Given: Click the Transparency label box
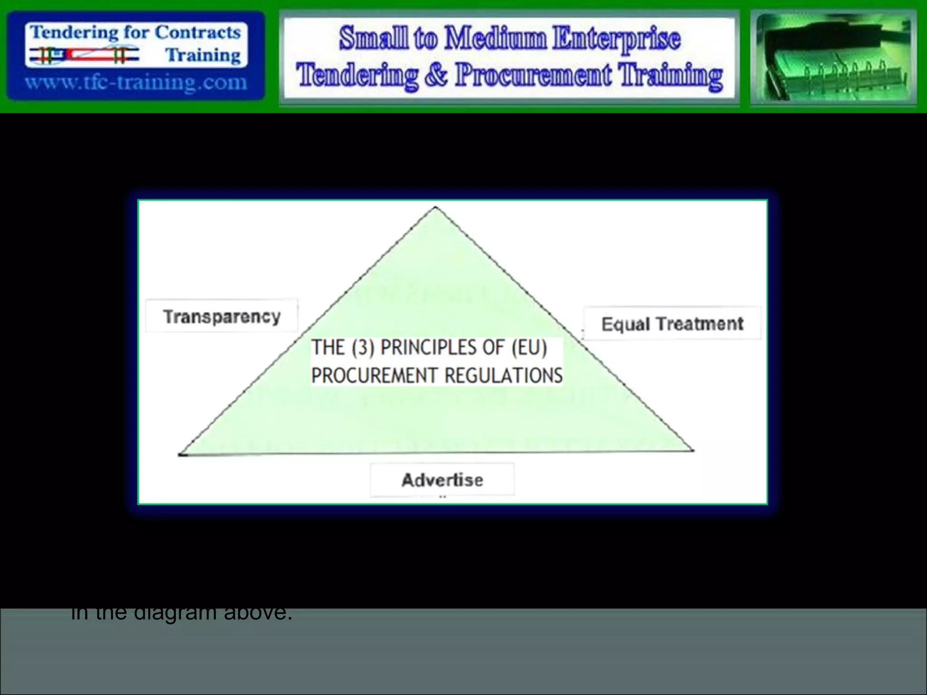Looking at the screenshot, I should (222, 316).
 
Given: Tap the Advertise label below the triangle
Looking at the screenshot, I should (442, 480).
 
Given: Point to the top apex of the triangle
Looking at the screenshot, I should (435, 208).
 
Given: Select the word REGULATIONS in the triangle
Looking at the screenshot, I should (503, 376).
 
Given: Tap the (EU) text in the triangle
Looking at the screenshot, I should (529, 347).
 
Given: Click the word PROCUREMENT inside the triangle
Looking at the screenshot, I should (374, 376).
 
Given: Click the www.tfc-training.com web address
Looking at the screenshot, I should (136, 83).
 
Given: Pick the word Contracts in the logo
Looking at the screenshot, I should (198, 33).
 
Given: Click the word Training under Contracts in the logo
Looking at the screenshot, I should (203, 55).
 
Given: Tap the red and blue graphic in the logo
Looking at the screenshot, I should (84, 55).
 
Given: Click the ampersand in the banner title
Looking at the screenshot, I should (436, 75).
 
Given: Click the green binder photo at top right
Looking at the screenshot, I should (833, 58).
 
